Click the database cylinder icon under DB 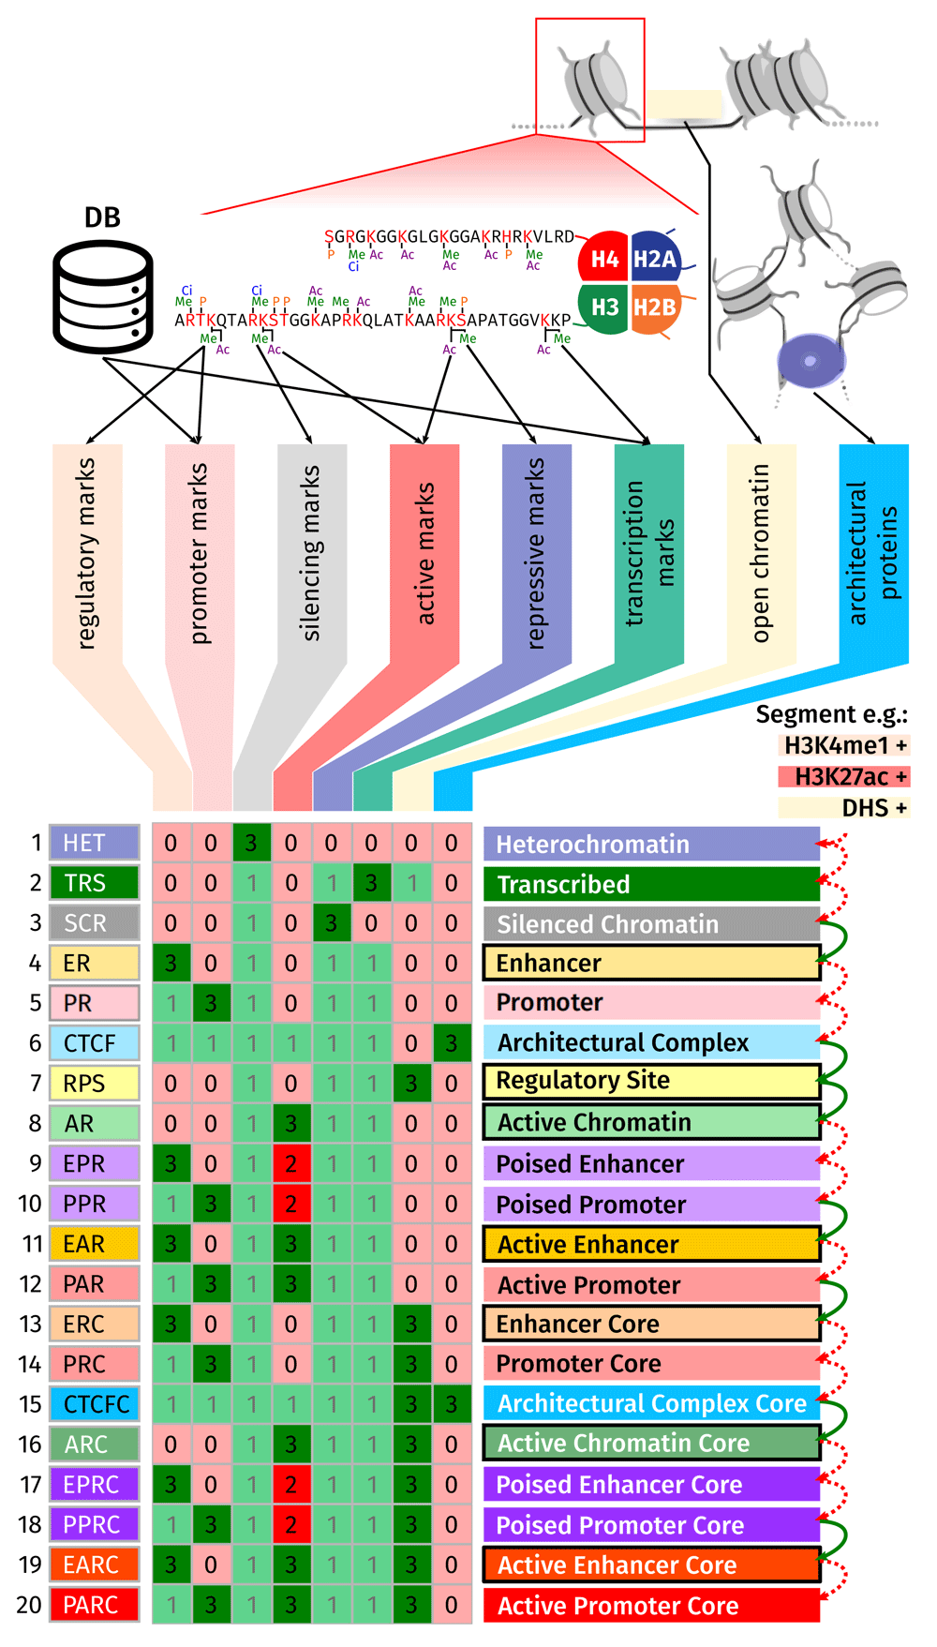tap(103, 296)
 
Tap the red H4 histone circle tap(604, 260)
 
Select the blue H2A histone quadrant tap(655, 258)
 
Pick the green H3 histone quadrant tap(604, 307)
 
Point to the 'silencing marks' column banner tap(312, 553)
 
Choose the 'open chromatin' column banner tap(761, 553)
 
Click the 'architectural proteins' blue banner tap(873, 553)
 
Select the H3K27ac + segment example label tap(843, 777)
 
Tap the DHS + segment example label tap(843, 808)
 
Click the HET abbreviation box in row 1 tap(95, 843)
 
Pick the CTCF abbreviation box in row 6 tap(95, 1043)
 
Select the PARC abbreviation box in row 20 tap(95, 1605)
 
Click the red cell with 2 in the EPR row tap(291, 1163)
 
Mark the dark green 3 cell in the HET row tap(251, 843)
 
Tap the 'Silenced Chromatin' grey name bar tap(651, 924)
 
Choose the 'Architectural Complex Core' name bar tap(651, 1403)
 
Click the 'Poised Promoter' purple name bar tap(651, 1205)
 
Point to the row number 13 tap(30, 1324)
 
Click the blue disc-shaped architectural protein tap(811, 362)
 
